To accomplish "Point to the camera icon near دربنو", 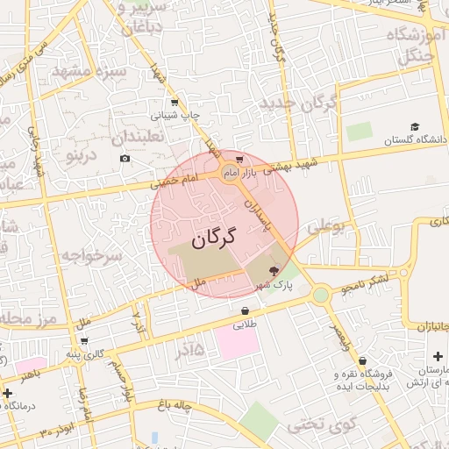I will [x=125, y=159].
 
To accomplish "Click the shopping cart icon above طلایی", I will [x=244, y=310].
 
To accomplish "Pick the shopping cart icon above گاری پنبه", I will [x=84, y=341].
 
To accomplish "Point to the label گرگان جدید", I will [x=298, y=103].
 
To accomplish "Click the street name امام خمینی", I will [x=175, y=182].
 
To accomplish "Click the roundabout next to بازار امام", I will [x=230, y=173].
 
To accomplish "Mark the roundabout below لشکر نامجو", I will [x=320, y=295].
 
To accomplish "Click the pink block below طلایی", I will [x=237, y=343].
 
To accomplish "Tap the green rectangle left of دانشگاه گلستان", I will [x=359, y=132].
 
